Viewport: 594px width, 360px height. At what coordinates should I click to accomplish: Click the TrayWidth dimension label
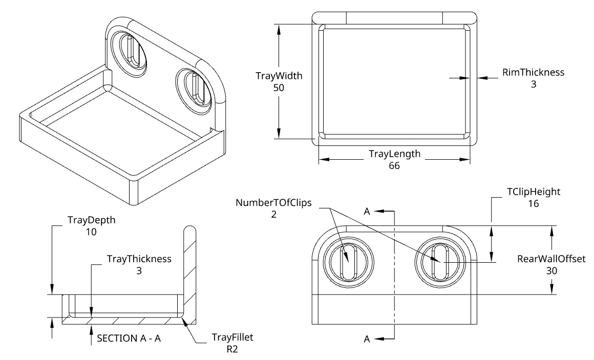click(x=279, y=75)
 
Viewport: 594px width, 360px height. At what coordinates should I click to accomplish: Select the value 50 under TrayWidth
click(x=279, y=88)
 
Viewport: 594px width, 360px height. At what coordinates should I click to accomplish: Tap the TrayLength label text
click(x=394, y=154)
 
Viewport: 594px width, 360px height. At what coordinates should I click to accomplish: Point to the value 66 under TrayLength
click(x=394, y=165)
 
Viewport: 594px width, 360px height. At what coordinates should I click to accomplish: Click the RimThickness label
click(x=533, y=72)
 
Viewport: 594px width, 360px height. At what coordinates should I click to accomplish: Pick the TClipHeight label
click(x=534, y=192)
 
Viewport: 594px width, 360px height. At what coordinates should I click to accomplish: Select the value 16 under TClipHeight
click(x=534, y=203)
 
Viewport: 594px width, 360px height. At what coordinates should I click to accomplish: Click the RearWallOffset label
click(x=551, y=259)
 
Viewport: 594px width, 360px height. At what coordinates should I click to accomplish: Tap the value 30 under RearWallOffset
click(x=551, y=270)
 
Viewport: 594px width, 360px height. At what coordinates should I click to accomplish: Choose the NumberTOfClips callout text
click(x=273, y=203)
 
